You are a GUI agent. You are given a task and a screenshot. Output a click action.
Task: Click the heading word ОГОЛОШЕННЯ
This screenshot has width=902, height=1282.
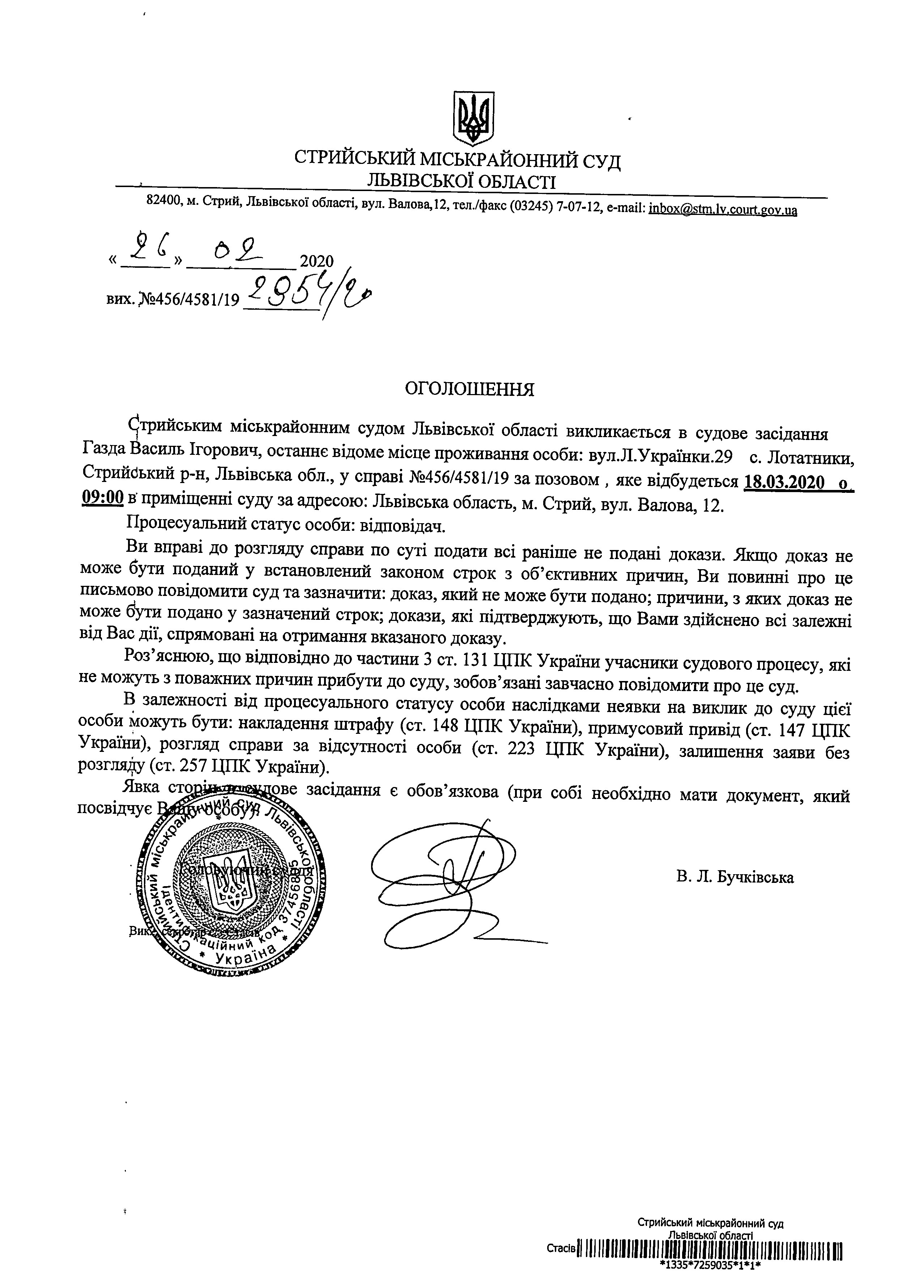point(469,389)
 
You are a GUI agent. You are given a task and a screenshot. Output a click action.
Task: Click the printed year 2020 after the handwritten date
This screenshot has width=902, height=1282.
point(316,261)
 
